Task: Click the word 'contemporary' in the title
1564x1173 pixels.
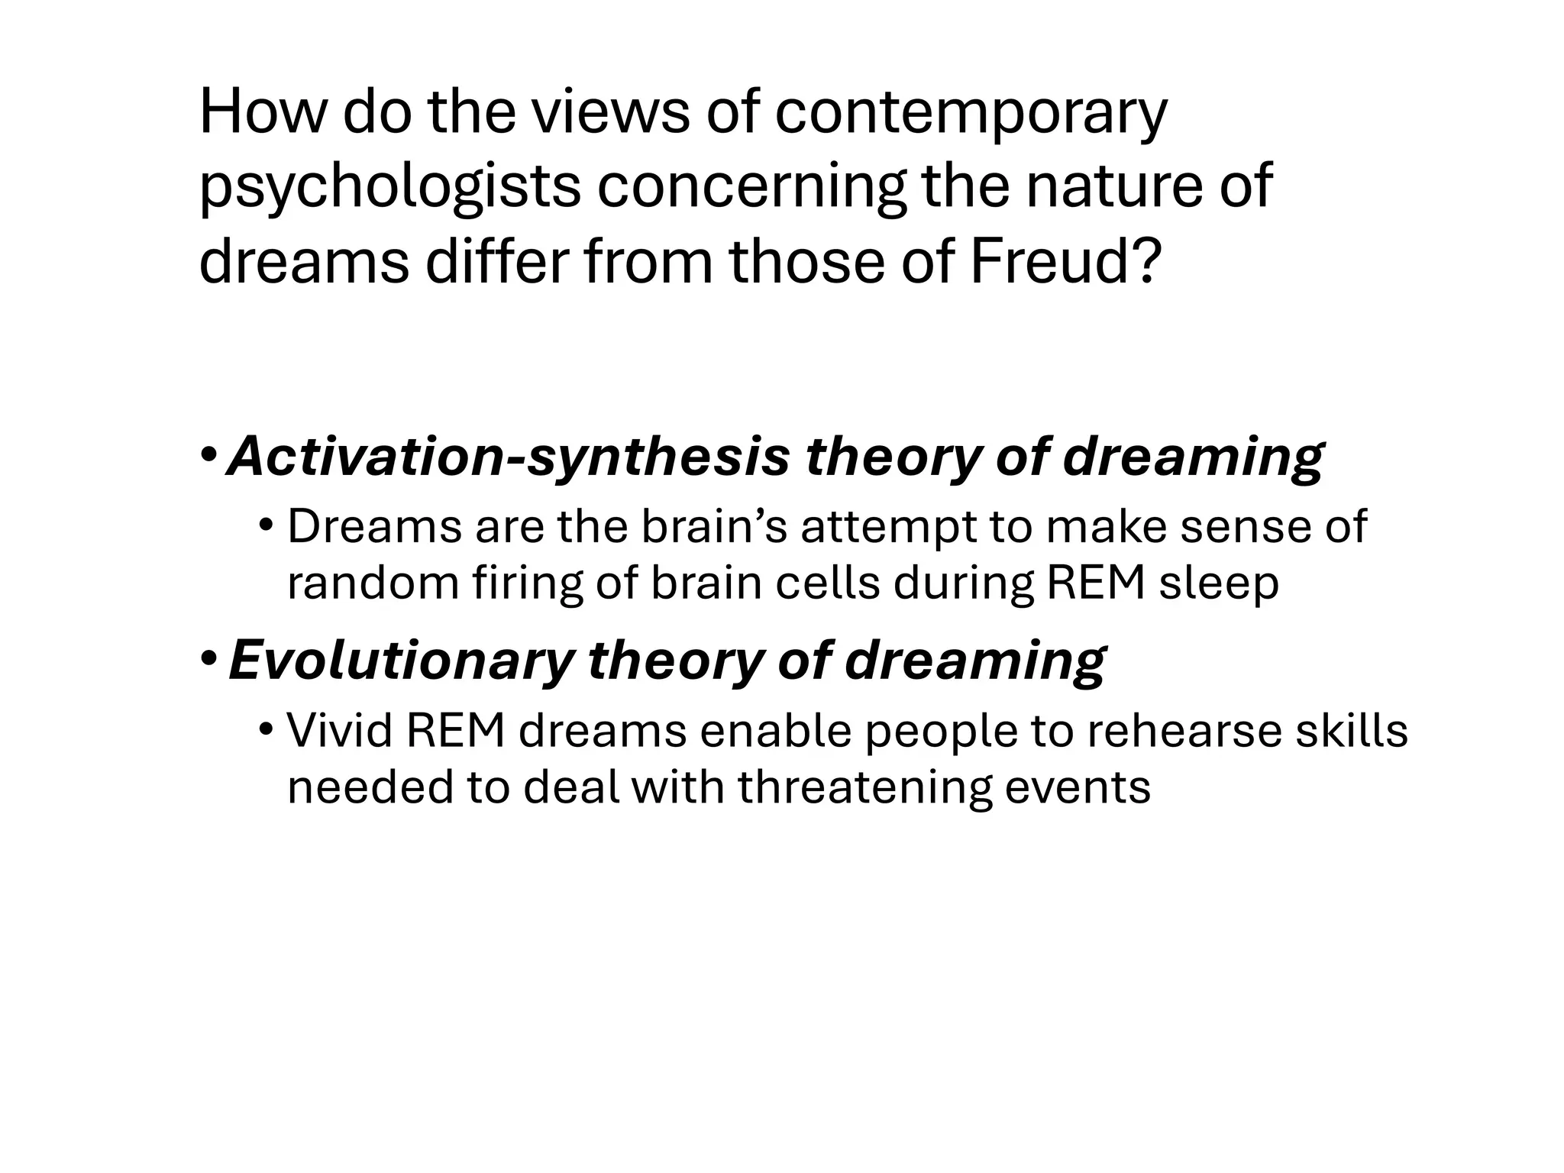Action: click(x=971, y=113)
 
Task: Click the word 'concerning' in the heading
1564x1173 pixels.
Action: click(x=751, y=188)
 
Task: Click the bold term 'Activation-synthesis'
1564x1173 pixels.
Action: click(x=509, y=457)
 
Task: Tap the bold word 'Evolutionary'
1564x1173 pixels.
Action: click(x=400, y=661)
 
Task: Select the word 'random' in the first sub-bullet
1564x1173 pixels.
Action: click(x=372, y=583)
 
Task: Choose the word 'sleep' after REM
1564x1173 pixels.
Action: click(x=1219, y=583)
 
